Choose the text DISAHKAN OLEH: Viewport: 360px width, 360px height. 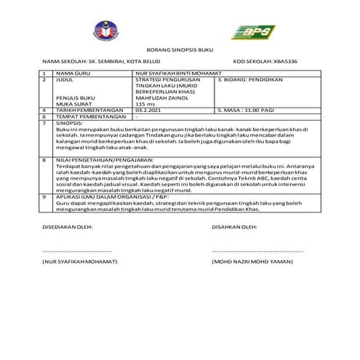(234, 226)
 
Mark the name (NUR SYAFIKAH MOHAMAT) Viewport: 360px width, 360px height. (79, 260)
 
